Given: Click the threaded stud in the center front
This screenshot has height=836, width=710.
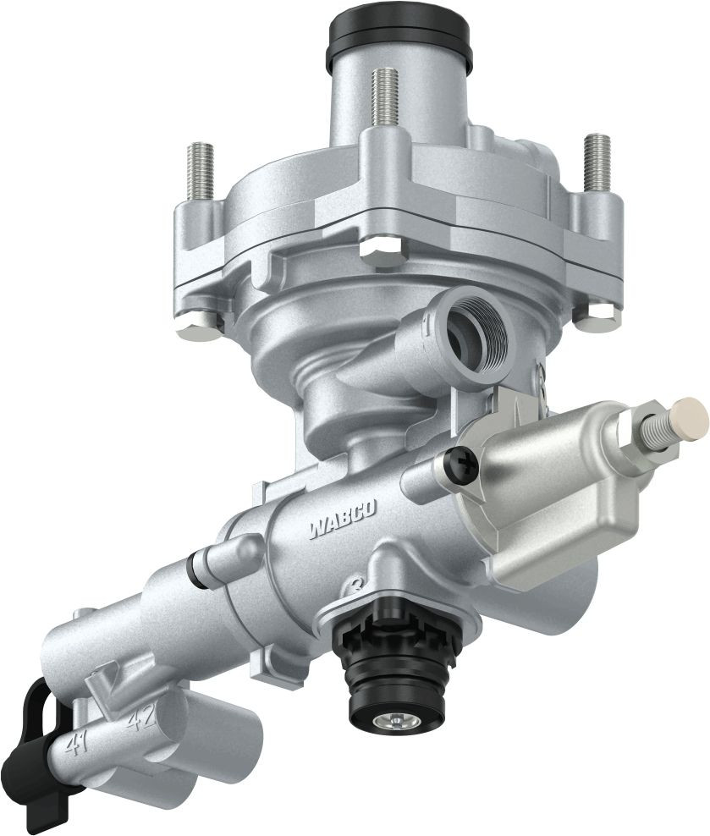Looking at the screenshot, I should (x=383, y=97).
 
